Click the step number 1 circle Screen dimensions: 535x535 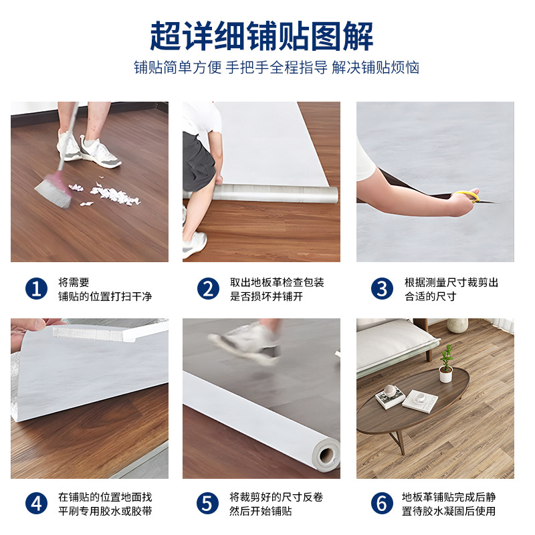[x=36, y=289]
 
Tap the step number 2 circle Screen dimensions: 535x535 [x=208, y=289]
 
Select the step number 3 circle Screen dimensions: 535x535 [x=382, y=289]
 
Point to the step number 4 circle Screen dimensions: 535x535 [x=36, y=504]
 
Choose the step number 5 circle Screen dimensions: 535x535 [x=207, y=504]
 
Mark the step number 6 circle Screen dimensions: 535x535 [x=382, y=504]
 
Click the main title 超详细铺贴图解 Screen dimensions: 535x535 [x=261, y=36]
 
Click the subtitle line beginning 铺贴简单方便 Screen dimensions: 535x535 [x=276, y=68]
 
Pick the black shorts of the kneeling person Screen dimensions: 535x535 [x=198, y=160]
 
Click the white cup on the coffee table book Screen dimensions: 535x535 [x=389, y=391]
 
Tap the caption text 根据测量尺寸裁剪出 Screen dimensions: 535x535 [x=451, y=282]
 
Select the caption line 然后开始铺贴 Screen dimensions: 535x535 [x=261, y=511]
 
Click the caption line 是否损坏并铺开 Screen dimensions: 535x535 [x=266, y=296]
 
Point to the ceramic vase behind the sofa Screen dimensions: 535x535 [x=457, y=325]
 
